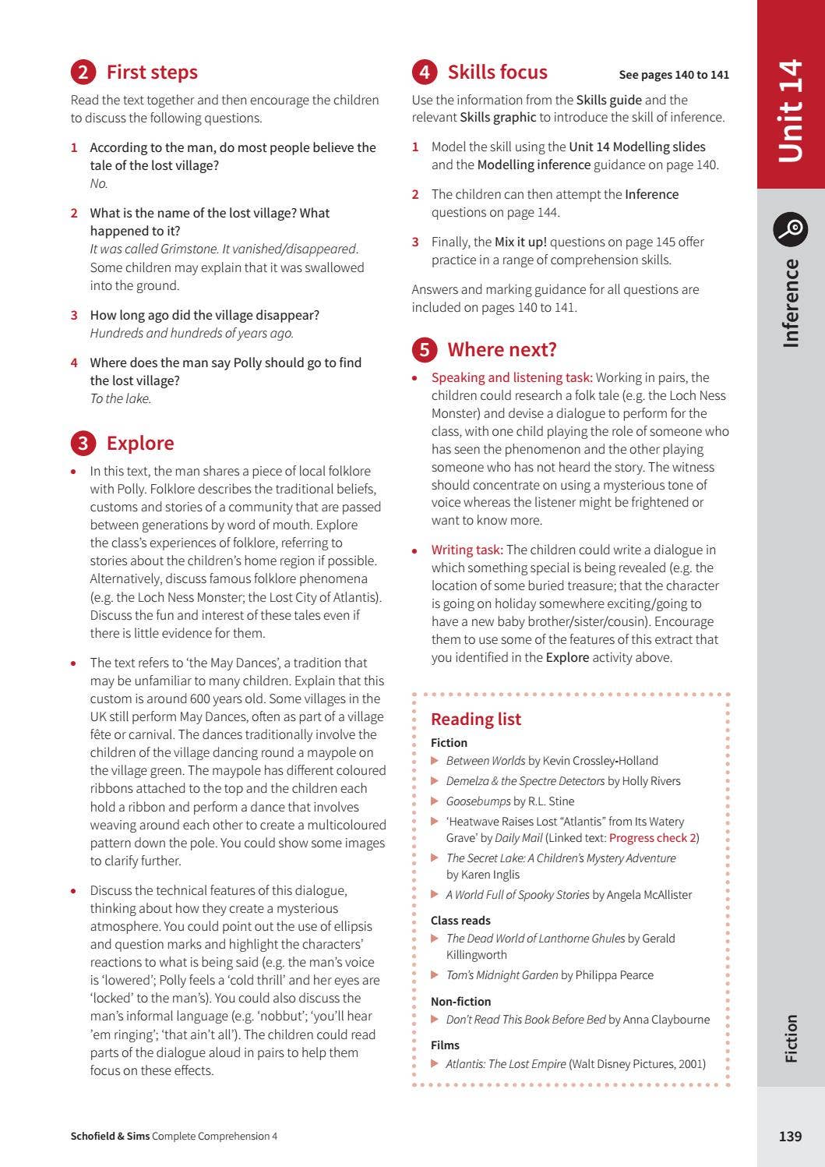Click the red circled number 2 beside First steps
[83, 72]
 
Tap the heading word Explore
[140, 443]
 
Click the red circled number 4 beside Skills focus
[424, 72]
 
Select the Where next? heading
[502, 349]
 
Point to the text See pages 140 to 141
[674, 75]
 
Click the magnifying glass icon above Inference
[791, 229]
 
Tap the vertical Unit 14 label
[791, 111]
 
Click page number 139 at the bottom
[790, 1136]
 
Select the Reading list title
[476, 719]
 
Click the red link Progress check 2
[652, 838]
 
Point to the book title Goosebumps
[478, 801]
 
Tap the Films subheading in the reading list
[445, 1045]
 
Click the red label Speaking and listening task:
[512, 377]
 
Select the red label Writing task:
[467, 550]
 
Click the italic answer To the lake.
[120, 398]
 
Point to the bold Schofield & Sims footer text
[110, 1137]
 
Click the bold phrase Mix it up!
[520, 242]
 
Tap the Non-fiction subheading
[460, 1002]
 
